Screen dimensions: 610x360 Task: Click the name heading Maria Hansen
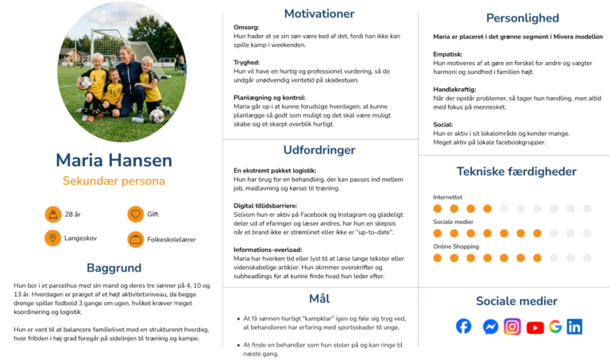(114, 161)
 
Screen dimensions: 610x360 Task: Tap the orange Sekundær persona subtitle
(114, 181)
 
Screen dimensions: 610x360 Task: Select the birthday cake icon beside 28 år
(53, 214)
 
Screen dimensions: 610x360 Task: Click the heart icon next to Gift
(135, 214)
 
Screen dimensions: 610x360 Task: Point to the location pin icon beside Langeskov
(52, 238)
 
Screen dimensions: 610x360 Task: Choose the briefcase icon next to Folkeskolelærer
(135, 239)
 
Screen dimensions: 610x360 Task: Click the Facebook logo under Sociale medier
(463, 326)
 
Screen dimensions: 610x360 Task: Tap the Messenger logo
(491, 327)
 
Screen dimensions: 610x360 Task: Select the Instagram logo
(512, 327)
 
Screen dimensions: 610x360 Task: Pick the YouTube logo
(535, 327)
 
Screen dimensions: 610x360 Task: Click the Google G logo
(555, 327)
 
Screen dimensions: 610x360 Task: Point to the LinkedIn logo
(574, 327)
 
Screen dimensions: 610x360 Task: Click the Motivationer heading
(319, 14)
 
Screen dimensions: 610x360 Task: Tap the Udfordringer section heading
(319, 150)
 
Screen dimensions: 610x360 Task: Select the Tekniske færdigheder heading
(516, 172)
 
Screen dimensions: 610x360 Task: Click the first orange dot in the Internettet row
(438, 208)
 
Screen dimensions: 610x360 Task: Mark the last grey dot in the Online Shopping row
(587, 258)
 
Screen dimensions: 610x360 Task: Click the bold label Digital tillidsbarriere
(265, 206)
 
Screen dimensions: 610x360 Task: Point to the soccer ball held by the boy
(85, 82)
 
